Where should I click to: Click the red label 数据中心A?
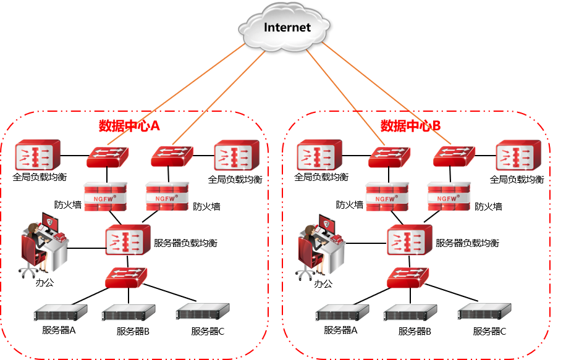pos(129,126)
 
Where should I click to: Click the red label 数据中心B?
pos(410,126)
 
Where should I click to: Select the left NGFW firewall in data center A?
pos(106,196)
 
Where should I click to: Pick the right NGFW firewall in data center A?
pos(167,196)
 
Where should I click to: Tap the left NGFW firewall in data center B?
pos(387,196)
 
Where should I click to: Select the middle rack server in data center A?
pos(128,313)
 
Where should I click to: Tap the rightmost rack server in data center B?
pos(484,311)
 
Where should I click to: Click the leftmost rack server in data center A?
pos(60,313)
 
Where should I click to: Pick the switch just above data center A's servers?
pos(126,277)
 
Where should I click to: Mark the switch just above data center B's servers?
pos(408,277)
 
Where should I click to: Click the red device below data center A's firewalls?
pos(128,240)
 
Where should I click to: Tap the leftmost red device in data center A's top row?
pos(38,155)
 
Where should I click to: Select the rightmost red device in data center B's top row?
pos(518,155)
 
